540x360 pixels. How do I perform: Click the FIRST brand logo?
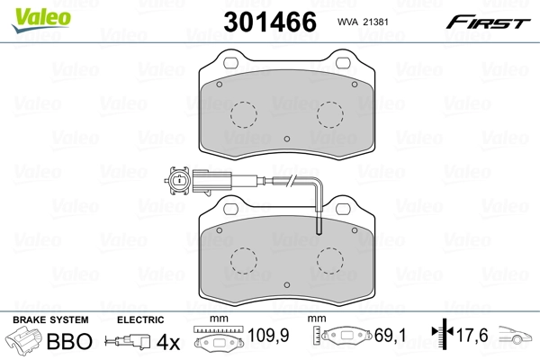494,21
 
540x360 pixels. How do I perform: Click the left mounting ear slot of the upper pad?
229,63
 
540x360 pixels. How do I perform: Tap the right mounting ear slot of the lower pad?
343,211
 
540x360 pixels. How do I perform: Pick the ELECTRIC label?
139,319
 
